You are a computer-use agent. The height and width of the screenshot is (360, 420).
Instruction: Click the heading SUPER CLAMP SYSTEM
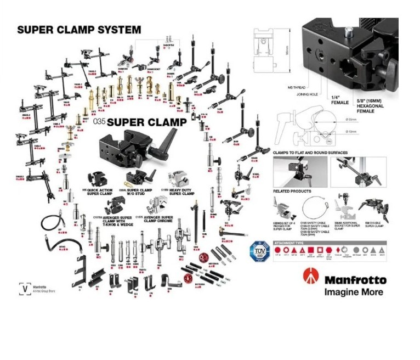[x=79, y=30]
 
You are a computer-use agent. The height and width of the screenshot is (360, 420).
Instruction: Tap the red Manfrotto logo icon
[x=311, y=275]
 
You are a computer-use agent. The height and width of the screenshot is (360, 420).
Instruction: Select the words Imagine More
[x=354, y=292]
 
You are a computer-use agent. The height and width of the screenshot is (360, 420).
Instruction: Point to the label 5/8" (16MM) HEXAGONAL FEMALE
[x=359, y=104]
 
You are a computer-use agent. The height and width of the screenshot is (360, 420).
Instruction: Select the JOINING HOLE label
[x=307, y=93]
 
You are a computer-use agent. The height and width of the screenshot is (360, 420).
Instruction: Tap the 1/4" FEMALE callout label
[x=333, y=101]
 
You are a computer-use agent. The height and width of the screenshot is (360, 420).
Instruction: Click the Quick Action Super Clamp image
[x=98, y=179]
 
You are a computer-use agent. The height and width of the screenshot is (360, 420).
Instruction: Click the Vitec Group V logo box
[x=24, y=288]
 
